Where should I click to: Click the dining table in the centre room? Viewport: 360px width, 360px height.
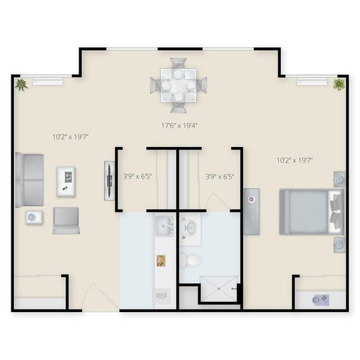[178, 85]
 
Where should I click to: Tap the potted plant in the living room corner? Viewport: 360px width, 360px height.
[22, 85]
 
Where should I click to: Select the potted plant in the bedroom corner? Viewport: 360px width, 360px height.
[339, 85]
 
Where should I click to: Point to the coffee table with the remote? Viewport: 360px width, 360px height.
[66, 181]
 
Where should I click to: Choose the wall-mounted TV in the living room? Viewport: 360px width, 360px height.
[109, 180]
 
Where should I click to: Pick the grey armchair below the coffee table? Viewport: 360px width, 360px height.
[66, 220]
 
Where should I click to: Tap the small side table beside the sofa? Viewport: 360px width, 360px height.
[34, 217]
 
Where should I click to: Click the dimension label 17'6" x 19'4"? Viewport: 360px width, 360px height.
[179, 126]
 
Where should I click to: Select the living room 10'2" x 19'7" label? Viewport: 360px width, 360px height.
[71, 137]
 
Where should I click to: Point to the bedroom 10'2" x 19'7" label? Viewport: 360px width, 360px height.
[294, 160]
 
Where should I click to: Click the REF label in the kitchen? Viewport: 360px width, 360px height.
[161, 296]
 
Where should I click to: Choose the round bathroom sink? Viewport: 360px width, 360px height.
[190, 227]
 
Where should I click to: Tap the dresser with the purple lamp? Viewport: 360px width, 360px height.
[251, 211]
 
